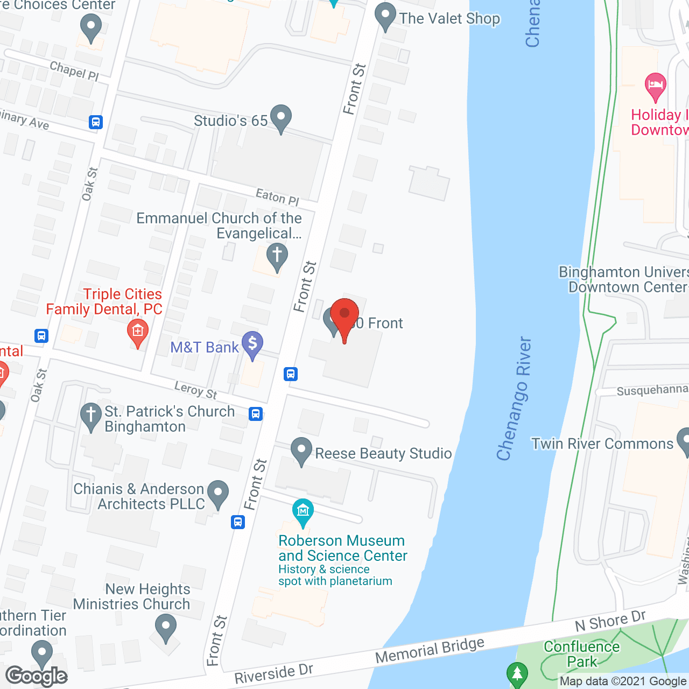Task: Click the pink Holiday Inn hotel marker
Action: [x=655, y=86]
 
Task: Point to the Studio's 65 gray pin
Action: [x=281, y=118]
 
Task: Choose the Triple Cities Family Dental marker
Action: [x=138, y=332]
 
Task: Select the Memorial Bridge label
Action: [x=430, y=650]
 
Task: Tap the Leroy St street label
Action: [x=196, y=390]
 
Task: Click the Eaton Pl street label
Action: [x=277, y=197]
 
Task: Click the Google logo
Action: [x=37, y=676]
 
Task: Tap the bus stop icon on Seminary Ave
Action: [x=96, y=122]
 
